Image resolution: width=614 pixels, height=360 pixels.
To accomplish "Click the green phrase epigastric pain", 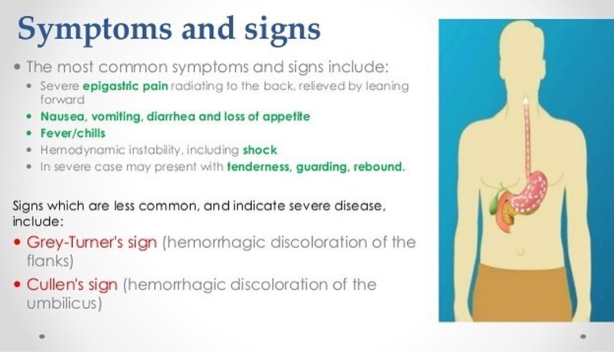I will [x=125, y=86].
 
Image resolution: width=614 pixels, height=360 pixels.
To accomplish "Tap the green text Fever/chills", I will [x=73, y=133].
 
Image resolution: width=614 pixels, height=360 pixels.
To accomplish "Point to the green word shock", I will [x=260, y=150].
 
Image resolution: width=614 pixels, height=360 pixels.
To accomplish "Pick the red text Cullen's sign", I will [x=73, y=285].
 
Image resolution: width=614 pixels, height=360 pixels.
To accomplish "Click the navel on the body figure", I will [x=520, y=252].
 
